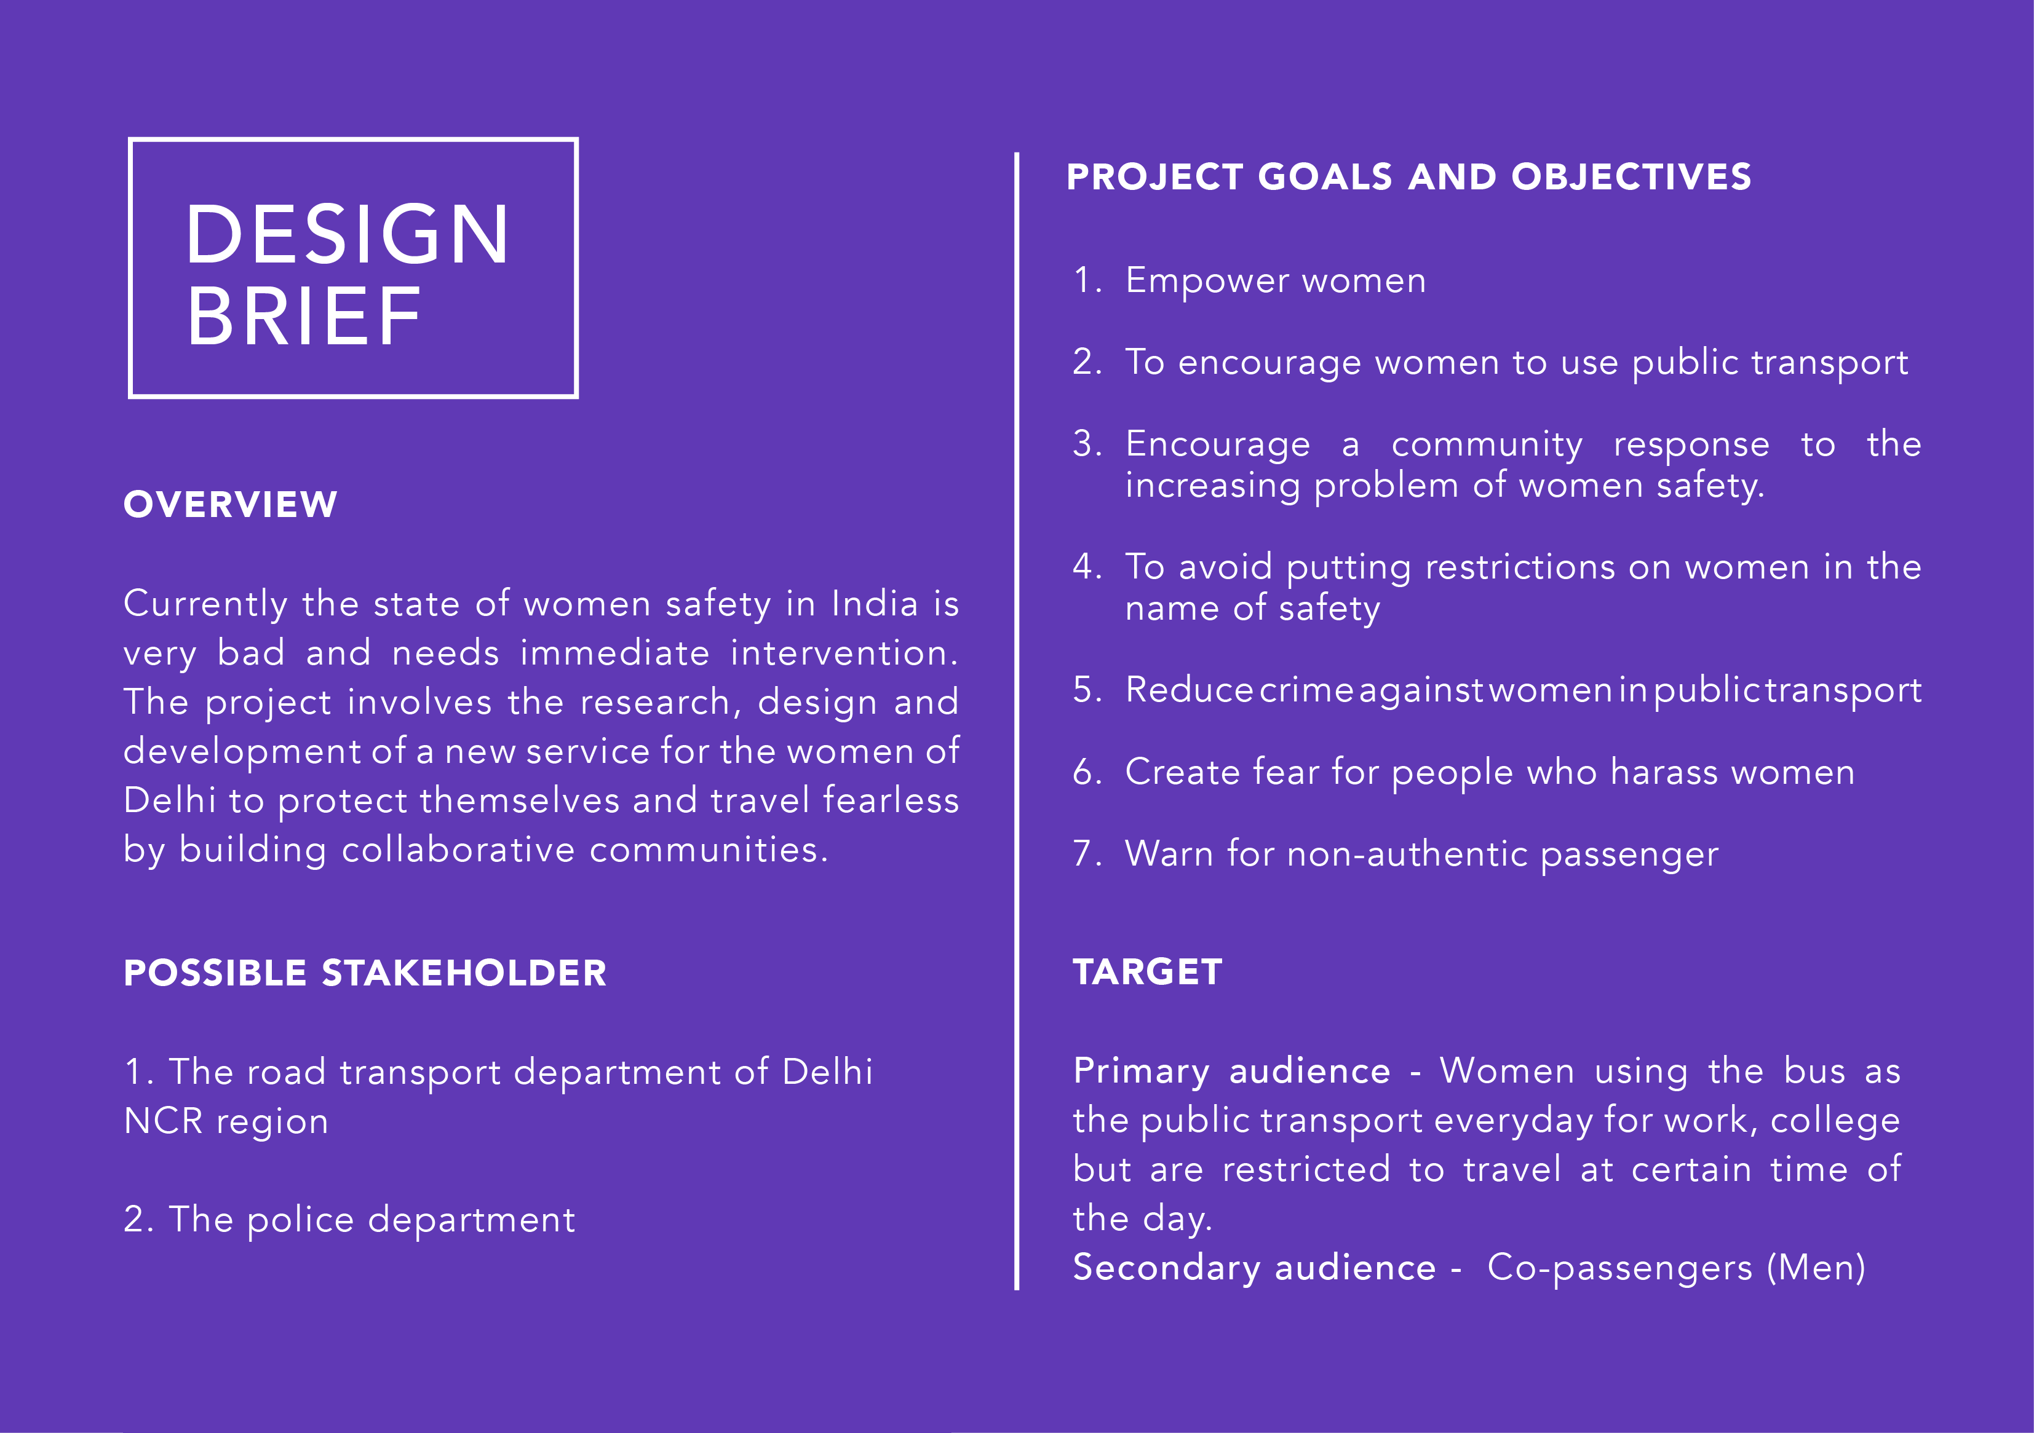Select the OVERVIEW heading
(230, 505)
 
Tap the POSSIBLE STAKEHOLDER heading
(365, 973)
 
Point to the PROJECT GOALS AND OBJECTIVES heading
(1408, 177)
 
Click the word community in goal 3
(1487, 444)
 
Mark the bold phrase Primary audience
(1231, 1072)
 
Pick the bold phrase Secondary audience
(1255, 1268)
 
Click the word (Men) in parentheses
(1816, 1268)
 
